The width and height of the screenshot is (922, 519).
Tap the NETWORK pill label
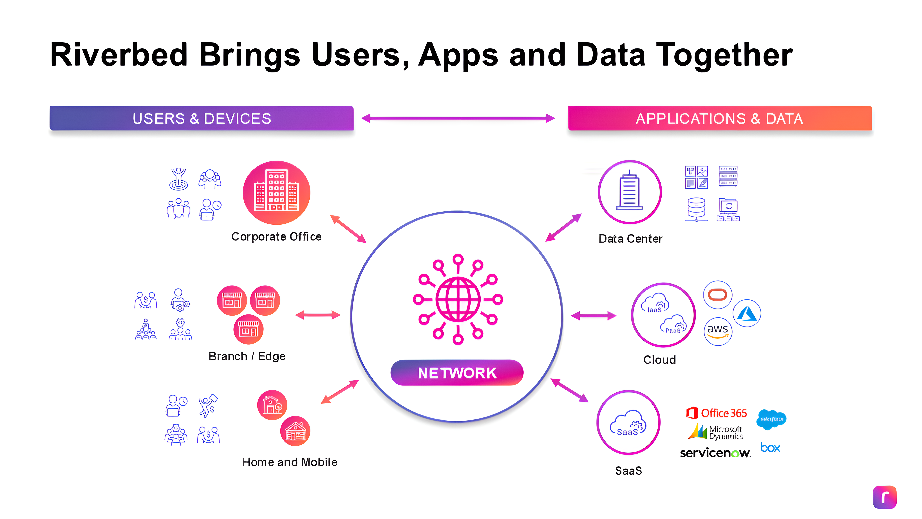tap(457, 373)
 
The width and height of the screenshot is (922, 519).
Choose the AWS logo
tap(718, 331)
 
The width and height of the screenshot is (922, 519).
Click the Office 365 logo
tap(717, 413)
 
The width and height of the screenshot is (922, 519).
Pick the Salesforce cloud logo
tap(771, 419)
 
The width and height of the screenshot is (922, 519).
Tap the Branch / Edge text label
tap(247, 356)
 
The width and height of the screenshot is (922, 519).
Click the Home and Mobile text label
tap(290, 462)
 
